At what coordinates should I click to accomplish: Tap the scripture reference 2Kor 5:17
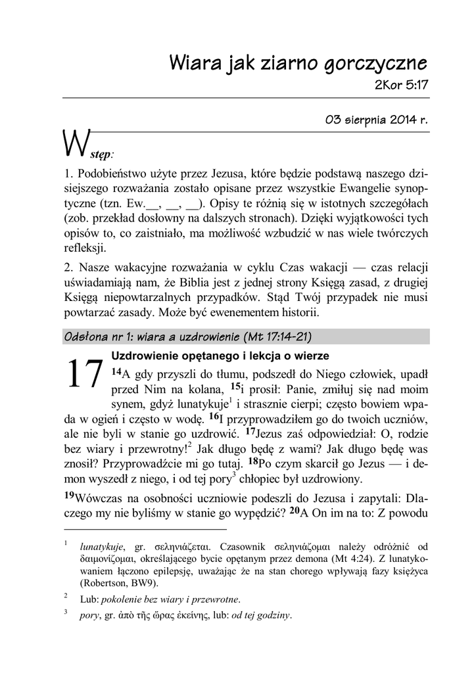click(401, 85)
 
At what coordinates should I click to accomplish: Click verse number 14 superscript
click(116, 372)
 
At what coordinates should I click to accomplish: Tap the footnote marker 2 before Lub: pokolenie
click(66, 596)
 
